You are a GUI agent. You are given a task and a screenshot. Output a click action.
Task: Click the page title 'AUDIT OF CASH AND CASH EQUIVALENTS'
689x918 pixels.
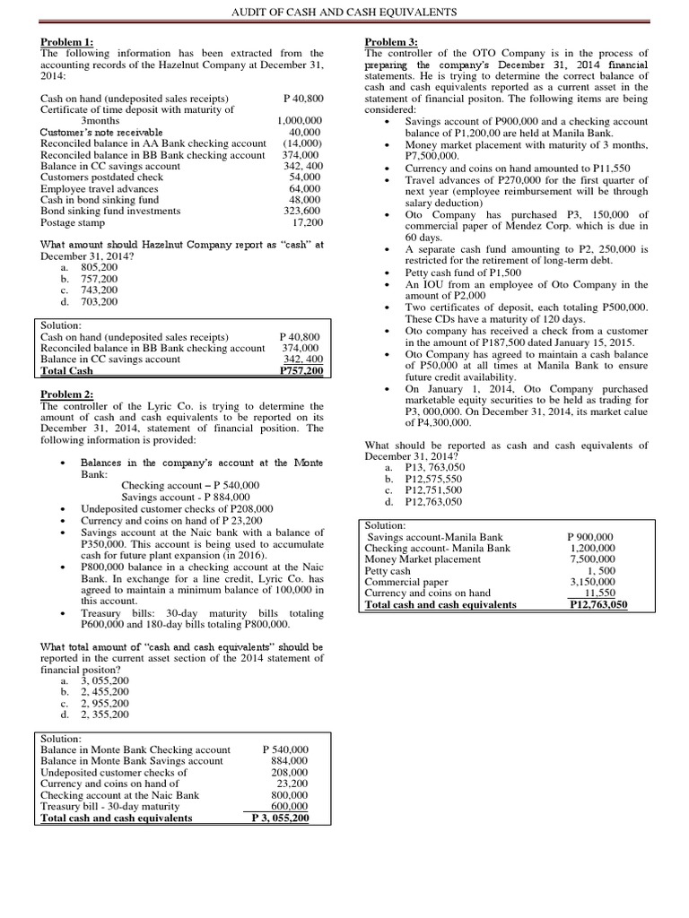tap(344, 12)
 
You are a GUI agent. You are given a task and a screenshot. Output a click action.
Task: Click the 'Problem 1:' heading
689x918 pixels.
tap(68, 42)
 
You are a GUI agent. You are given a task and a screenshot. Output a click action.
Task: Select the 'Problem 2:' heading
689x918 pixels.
tap(68, 395)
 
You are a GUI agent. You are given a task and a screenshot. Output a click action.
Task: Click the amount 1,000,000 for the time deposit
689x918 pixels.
tap(301, 121)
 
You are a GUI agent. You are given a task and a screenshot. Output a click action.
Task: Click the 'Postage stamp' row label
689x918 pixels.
tap(74, 221)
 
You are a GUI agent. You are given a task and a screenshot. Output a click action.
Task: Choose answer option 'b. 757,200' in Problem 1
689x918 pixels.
tap(98, 279)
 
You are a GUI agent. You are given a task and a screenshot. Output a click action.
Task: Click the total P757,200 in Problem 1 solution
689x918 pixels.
tap(302, 370)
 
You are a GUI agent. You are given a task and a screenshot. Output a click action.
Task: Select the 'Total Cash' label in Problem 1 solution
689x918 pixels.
tap(67, 370)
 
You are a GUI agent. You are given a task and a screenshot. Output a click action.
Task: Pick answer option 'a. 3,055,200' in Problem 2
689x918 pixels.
tap(100, 681)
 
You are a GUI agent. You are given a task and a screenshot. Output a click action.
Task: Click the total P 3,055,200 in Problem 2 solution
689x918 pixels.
tap(281, 818)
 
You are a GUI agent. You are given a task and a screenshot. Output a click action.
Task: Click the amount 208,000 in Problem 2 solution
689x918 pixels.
tap(289, 772)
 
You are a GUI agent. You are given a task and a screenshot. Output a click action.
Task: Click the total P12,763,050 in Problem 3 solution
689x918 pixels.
tap(598, 604)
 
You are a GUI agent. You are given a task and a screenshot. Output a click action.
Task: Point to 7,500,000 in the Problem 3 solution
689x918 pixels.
tap(593, 559)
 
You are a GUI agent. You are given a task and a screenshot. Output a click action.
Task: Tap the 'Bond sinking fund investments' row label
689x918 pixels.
tap(111, 211)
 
